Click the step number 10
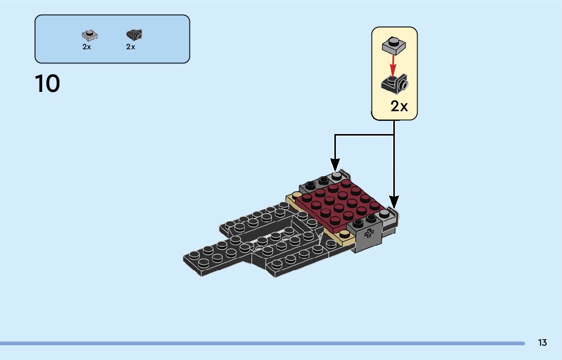point(47,84)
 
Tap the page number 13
point(542,343)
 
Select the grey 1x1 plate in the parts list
point(89,36)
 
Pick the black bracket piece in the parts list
point(134,35)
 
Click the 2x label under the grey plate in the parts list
point(86,47)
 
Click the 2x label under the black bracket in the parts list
point(131,47)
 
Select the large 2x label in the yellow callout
point(399,106)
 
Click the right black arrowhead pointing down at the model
point(394,202)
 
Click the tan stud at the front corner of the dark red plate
point(345,234)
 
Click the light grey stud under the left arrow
point(336,176)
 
